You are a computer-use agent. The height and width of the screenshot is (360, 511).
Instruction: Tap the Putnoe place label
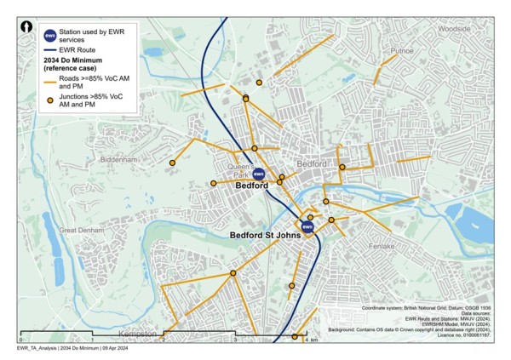(402, 51)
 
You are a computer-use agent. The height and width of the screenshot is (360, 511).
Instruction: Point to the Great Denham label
(81, 230)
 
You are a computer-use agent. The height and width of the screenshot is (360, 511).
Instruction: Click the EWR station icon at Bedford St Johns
(307, 227)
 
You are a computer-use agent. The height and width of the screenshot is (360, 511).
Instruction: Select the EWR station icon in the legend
(50, 36)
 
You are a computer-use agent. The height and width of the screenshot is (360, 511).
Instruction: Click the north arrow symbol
(28, 27)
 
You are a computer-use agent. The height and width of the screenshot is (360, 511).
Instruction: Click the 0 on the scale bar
(19, 340)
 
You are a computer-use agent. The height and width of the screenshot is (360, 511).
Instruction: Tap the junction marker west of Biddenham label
(172, 163)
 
